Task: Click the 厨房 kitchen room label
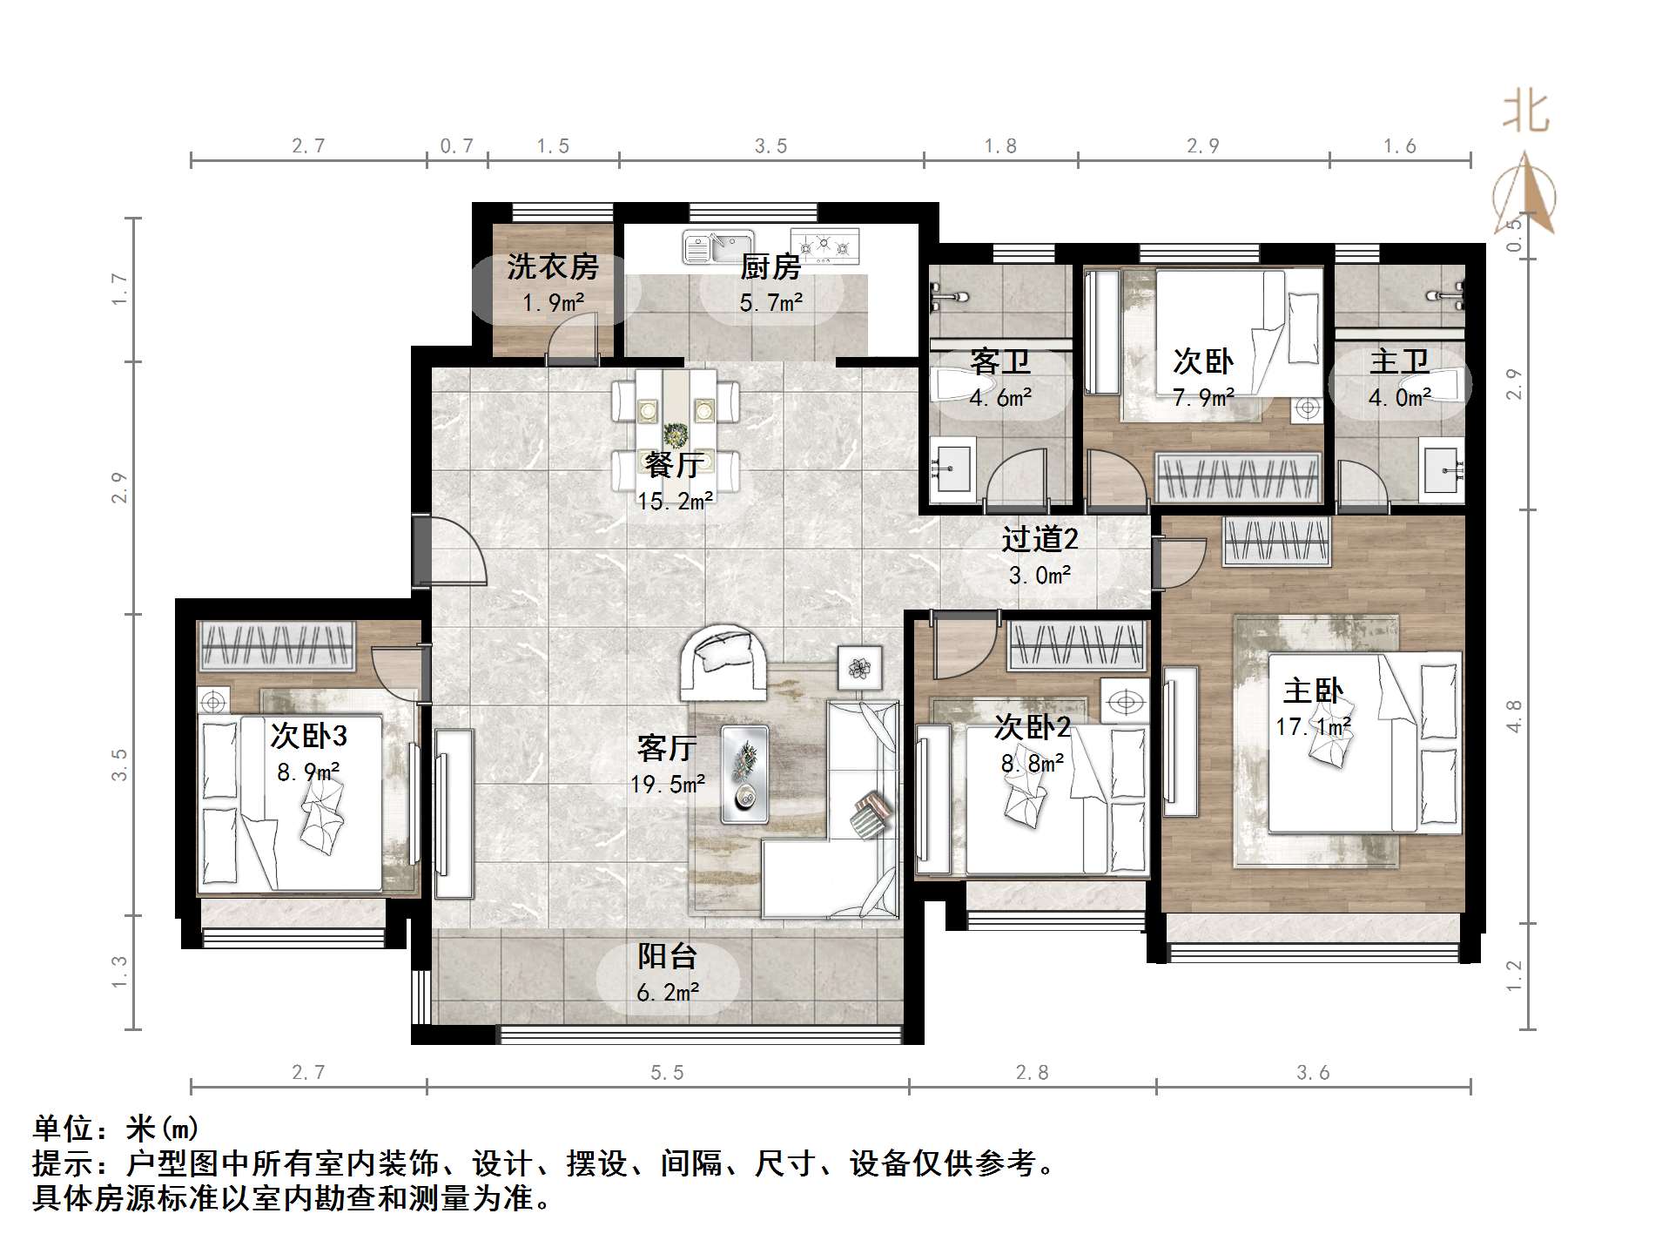(x=770, y=266)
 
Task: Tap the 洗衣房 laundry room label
(x=553, y=266)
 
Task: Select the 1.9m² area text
(x=554, y=303)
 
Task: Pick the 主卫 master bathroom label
(x=1399, y=361)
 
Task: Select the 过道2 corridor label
(x=1040, y=540)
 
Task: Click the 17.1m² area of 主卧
(x=1313, y=726)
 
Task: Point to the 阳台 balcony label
(x=667, y=956)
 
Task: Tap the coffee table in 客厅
(x=744, y=774)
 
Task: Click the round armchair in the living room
(x=723, y=661)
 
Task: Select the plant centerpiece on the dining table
(x=675, y=434)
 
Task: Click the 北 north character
(x=1525, y=113)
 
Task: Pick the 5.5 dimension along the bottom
(x=667, y=1073)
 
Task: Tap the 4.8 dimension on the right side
(x=1515, y=716)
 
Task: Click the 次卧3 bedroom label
(x=308, y=737)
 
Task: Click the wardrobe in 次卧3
(x=277, y=645)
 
